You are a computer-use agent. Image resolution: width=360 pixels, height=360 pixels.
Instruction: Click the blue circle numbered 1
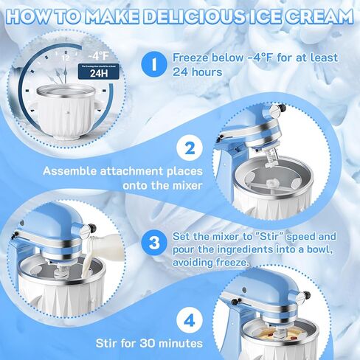pos(153,65)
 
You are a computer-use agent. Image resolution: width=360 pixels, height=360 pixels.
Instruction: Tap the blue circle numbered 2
pos(190,148)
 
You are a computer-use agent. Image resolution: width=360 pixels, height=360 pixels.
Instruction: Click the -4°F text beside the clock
pos(98,54)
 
